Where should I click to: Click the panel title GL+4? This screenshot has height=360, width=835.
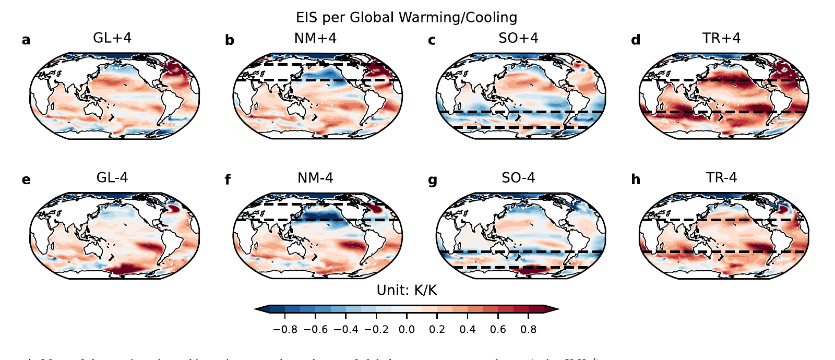pyautogui.click(x=112, y=38)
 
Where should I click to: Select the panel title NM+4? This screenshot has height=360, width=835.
pyautogui.click(x=315, y=38)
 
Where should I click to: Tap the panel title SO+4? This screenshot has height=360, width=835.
pyautogui.click(x=518, y=38)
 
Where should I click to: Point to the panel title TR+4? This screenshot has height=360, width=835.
pyautogui.click(x=721, y=38)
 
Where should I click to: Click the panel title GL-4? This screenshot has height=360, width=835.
pyautogui.click(x=112, y=178)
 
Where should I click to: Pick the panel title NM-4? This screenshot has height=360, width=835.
pyautogui.click(x=315, y=178)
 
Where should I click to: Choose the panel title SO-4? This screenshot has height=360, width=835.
pyautogui.click(x=518, y=178)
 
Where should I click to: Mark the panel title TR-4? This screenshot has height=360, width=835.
pyautogui.click(x=721, y=178)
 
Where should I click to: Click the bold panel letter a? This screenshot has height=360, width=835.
pyautogui.click(x=26, y=40)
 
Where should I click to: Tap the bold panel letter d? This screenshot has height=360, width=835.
pyautogui.click(x=636, y=40)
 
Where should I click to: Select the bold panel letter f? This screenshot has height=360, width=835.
pyautogui.click(x=228, y=180)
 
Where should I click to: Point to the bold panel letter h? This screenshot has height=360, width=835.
pyautogui.click(x=636, y=180)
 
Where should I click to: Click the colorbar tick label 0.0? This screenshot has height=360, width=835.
pyautogui.click(x=407, y=330)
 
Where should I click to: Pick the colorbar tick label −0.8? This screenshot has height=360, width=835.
pyautogui.click(x=285, y=330)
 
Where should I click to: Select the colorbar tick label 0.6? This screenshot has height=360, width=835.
pyautogui.click(x=498, y=330)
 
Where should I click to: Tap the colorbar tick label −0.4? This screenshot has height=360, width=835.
pyautogui.click(x=345, y=330)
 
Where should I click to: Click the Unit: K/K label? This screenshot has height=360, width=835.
pyautogui.click(x=407, y=291)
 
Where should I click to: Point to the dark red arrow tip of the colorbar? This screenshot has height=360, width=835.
pyautogui.click(x=553, y=309)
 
